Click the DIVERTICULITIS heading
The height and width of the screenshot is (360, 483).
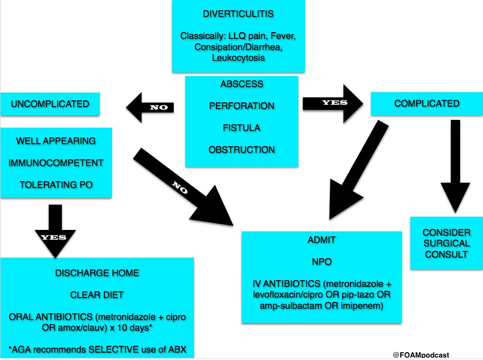pos(238,14)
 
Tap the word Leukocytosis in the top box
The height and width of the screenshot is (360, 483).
pos(238,58)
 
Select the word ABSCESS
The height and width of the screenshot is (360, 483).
pos(242,84)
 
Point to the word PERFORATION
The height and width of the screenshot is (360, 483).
pos(242,106)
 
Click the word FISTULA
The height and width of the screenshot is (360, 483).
pos(242,128)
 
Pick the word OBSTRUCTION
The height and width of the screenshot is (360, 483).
pos(242,150)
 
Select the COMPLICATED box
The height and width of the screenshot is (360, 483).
pos(427,103)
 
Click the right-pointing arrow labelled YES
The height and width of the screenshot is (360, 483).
pos(333,103)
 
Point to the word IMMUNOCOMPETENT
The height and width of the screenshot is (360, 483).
pos(56,162)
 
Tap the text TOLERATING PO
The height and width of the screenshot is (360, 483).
pos(56,184)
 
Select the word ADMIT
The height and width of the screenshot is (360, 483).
pos(322,240)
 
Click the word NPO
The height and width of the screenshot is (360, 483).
pos(322,262)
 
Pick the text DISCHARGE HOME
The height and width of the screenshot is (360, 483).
pos(97,273)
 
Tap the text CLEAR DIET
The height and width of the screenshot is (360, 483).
pos(97,294)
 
